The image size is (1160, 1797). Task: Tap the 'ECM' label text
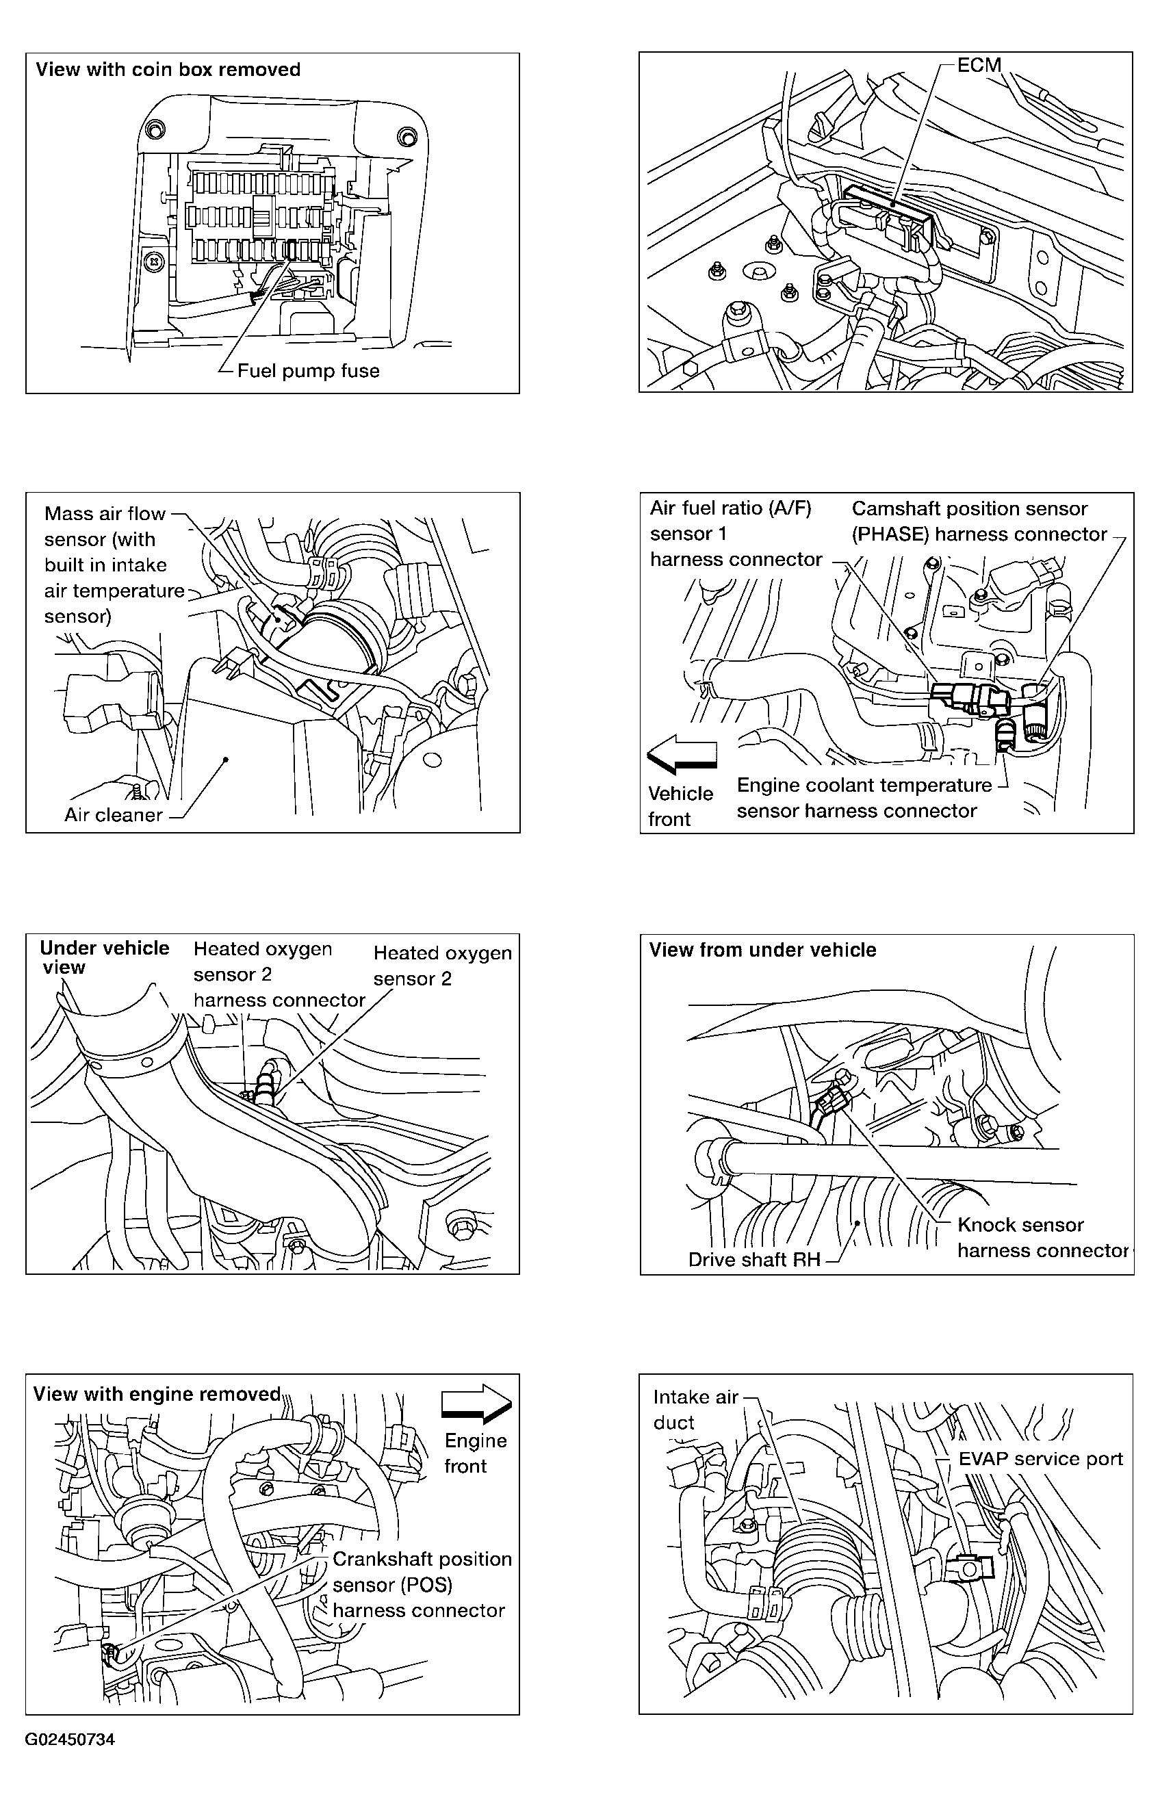click(979, 66)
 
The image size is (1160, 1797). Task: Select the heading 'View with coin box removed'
click(168, 70)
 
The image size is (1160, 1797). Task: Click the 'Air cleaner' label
click(113, 815)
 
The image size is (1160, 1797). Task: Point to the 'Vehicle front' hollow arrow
click(682, 754)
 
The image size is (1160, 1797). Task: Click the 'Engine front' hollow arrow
click(476, 1404)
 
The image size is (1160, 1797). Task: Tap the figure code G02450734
click(69, 1739)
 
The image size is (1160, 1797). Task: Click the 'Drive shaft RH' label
click(754, 1260)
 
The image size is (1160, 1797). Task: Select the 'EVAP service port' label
click(1040, 1459)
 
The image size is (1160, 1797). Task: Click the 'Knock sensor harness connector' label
click(1042, 1237)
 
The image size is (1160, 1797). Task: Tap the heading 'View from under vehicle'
click(762, 950)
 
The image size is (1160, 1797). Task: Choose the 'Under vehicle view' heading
click(104, 957)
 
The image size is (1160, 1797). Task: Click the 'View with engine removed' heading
click(157, 1394)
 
